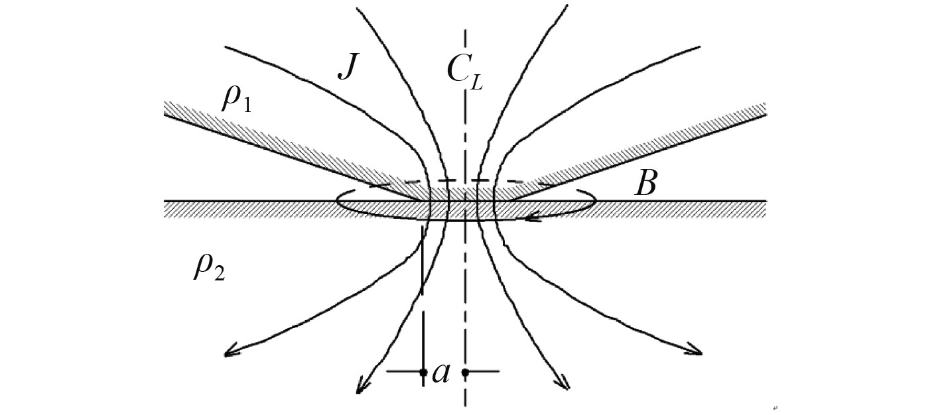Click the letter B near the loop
pos(645,184)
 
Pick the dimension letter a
pos(441,373)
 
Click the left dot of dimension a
pos(423,373)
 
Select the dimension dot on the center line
pos(466,373)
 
